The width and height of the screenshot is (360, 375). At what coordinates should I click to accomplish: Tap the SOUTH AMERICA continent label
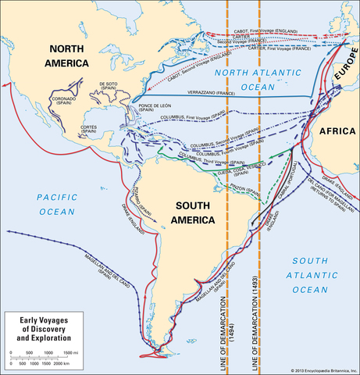[184, 212]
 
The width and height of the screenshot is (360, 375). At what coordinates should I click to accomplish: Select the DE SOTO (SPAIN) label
[109, 86]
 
